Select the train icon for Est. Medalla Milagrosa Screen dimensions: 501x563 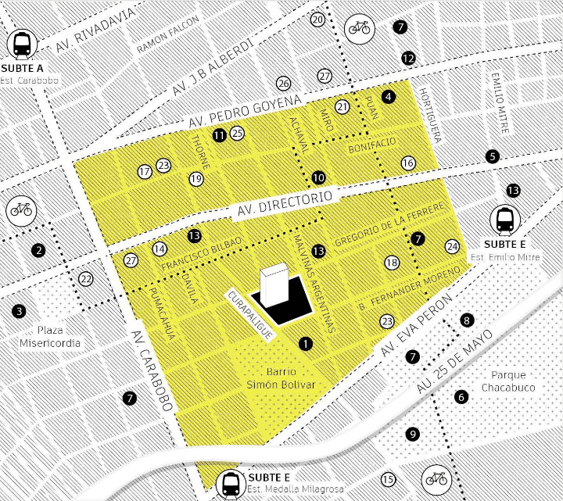(231, 484)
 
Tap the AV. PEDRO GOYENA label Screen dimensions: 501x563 (244, 113)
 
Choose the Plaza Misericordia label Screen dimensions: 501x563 (49, 336)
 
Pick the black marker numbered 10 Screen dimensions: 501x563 (317, 177)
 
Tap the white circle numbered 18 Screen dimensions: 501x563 (392, 263)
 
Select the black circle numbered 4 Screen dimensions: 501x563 (389, 96)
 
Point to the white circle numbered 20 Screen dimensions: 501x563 (317, 20)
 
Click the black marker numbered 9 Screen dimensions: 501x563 (413, 434)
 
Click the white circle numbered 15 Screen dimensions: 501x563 (388, 479)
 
